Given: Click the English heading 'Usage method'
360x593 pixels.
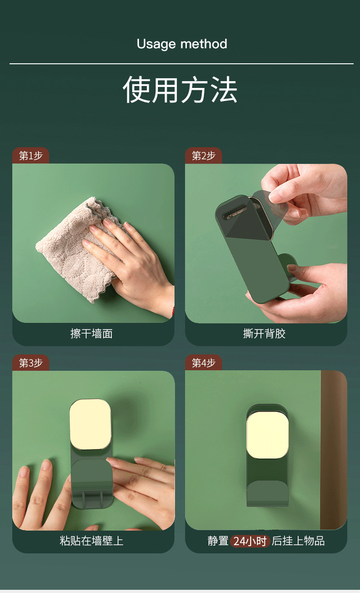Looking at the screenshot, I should click(x=182, y=44).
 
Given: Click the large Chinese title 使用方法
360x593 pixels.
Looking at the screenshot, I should click(x=180, y=90).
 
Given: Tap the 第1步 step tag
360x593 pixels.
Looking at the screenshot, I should click(x=31, y=156).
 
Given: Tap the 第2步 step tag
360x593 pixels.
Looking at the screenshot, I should click(x=203, y=156).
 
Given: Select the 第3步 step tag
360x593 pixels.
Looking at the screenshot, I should click(x=31, y=363).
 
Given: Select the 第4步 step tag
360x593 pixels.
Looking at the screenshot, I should click(x=203, y=363).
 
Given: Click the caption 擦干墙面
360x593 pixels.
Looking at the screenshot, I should click(x=92, y=334).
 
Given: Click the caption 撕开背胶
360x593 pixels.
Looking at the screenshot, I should click(x=264, y=334).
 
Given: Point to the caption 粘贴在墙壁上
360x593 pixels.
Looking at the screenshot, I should click(x=92, y=541).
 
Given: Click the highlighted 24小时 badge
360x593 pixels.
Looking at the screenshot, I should click(x=250, y=541).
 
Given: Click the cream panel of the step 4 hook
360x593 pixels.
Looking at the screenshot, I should click(x=267, y=435).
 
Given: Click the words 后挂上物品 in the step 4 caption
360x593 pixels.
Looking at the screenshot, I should click(x=298, y=541).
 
